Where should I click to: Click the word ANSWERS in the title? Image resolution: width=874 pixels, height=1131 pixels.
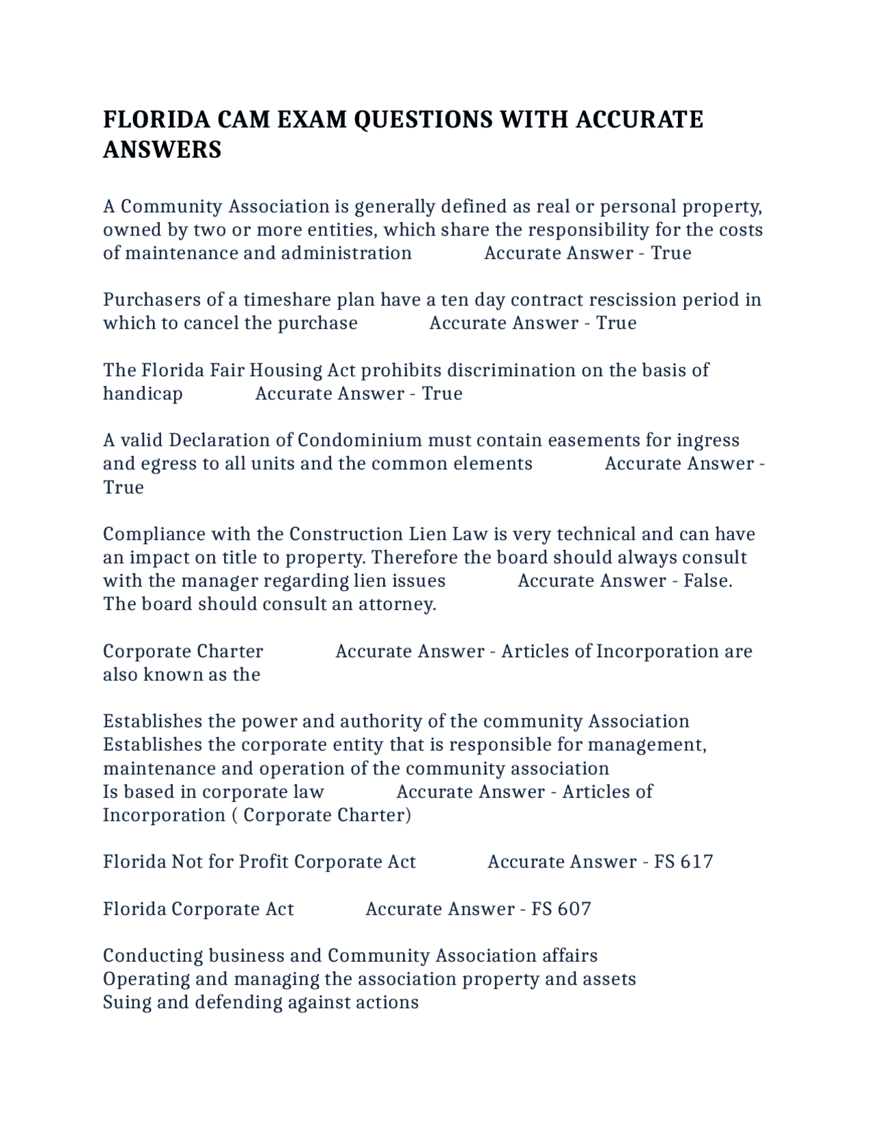163,150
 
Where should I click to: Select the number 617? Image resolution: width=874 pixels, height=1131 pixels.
696,862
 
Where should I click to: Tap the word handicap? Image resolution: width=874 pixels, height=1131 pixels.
143,394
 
